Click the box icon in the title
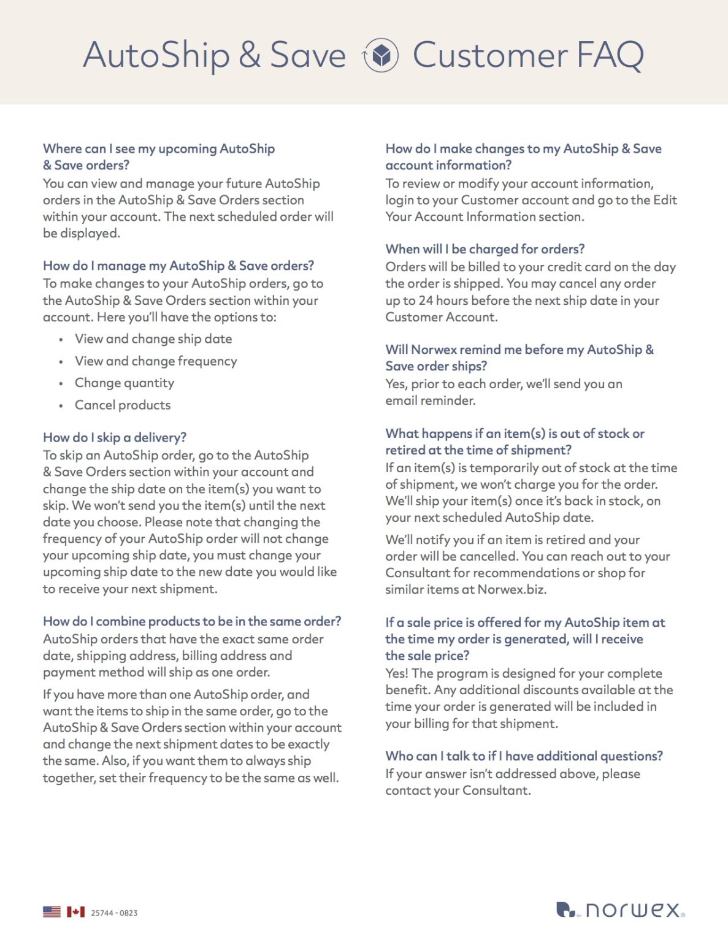[x=381, y=55]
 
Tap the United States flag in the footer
[x=52, y=912]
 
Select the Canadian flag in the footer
[x=75, y=912]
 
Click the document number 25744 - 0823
[x=114, y=913]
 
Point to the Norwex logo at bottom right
[x=620, y=909]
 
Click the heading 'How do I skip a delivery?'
[x=115, y=437]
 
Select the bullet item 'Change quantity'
[x=125, y=383]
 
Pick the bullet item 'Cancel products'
[x=123, y=405]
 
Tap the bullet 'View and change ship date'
[x=153, y=339]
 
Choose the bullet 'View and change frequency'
[x=156, y=361]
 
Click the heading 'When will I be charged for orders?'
[x=485, y=249]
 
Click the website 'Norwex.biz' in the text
[x=512, y=589]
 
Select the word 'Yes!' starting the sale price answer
[x=397, y=673]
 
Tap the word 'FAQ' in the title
[x=610, y=55]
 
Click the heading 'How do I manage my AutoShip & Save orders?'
[x=178, y=266]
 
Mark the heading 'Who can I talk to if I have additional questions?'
[x=524, y=756]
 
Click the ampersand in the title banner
[x=250, y=55]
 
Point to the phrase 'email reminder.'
[x=430, y=400]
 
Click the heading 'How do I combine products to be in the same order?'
[x=192, y=621]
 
